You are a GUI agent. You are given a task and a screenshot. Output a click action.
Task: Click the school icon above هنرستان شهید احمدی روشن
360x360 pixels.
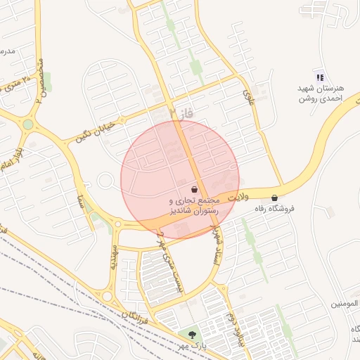tap(320, 77)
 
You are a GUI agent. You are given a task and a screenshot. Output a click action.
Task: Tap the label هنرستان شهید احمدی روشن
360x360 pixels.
tap(320, 94)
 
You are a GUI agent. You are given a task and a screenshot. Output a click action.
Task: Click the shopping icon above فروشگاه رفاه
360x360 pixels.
tap(274, 198)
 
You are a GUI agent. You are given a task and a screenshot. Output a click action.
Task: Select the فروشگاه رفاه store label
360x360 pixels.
tap(274, 209)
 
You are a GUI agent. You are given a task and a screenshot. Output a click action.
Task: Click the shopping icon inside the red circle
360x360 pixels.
tap(194, 190)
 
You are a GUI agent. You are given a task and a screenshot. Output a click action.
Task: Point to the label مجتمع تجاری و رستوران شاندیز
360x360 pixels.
tap(195, 205)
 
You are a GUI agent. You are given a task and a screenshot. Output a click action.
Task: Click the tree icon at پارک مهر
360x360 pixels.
tap(193, 334)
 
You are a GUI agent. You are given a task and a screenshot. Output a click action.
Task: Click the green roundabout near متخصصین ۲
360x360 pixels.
tap(27, 124)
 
